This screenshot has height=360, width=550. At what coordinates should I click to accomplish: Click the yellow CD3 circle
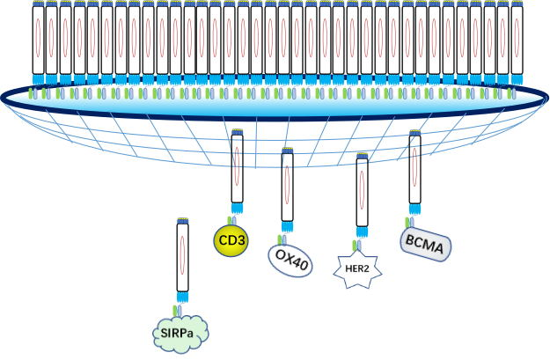pyautogui.click(x=231, y=239)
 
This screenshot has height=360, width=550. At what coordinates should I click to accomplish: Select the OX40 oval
pyautogui.click(x=290, y=260)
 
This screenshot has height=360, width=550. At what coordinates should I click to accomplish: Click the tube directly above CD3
pyautogui.click(x=237, y=171)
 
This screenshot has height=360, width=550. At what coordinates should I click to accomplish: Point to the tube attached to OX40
pyautogui.click(x=287, y=187)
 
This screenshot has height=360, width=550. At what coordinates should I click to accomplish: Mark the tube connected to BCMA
pyautogui.click(x=414, y=172)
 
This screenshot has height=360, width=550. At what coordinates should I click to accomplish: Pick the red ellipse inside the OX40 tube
pyautogui.click(x=287, y=187)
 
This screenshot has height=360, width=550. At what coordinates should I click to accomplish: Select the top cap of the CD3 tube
pyautogui.click(x=237, y=133)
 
